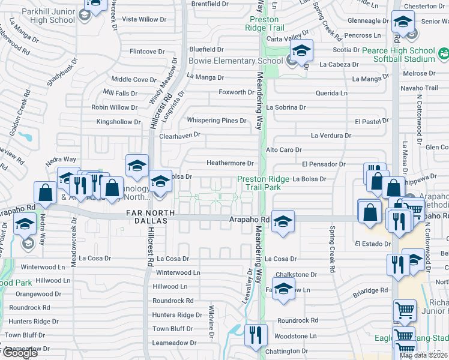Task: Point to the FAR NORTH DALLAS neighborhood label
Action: pyautogui.click(x=150, y=213)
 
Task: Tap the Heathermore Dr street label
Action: pyautogui.click(x=231, y=163)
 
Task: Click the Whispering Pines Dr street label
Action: pyautogui.click(x=217, y=121)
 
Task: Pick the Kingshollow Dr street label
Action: pyautogui.click(x=119, y=122)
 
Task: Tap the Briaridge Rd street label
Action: pyautogui.click(x=370, y=291)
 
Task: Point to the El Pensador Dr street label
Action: pyautogui.click(x=324, y=164)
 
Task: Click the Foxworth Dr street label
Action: pyautogui.click(x=237, y=92)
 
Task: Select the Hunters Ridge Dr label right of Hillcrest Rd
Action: pyautogui.click(x=177, y=315)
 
